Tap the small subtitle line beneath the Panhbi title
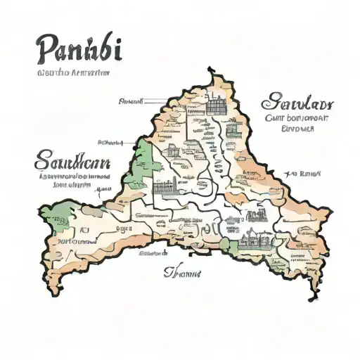tap(64, 72)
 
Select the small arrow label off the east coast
tap(306, 172)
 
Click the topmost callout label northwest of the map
tap(131, 101)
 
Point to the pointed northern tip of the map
tap(210, 70)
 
